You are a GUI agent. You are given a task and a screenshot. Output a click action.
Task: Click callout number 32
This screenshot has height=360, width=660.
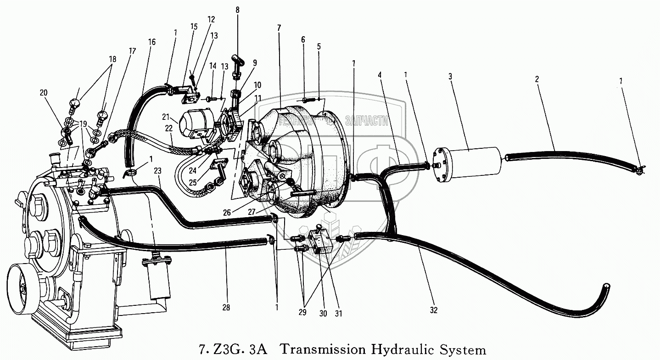click(434, 311)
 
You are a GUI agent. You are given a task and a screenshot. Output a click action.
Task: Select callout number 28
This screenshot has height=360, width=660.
click(226, 308)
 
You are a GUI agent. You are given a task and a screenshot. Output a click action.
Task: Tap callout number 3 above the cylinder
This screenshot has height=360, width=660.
click(450, 76)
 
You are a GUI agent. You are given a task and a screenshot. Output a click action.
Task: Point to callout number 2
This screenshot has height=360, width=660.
click(536, 79)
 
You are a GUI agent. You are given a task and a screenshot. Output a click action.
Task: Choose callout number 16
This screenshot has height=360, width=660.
click(152, 42)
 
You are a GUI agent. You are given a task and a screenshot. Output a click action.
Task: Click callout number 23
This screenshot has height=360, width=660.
click(157, 170)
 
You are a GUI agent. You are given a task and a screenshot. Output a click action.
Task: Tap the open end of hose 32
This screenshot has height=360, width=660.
click(607, 286)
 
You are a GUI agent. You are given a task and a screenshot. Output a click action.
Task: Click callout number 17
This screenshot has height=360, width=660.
click(133, 51)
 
